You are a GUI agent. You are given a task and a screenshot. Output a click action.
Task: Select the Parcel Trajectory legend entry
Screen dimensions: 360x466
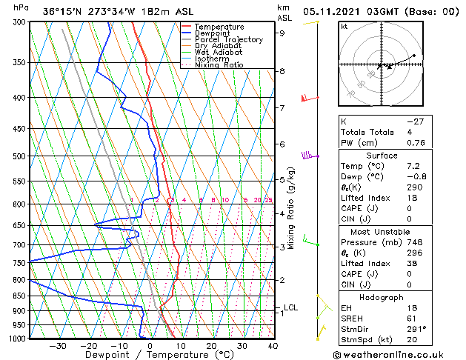(228, 40)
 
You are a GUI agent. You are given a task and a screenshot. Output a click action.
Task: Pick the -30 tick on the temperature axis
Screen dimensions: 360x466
(58, 345)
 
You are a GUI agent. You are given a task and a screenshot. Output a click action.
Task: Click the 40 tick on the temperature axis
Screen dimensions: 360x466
(273, 345)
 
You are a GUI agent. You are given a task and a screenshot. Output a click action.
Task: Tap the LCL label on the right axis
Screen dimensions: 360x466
(290, 307)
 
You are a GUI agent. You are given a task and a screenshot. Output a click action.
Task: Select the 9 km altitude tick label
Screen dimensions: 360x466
(282, 33)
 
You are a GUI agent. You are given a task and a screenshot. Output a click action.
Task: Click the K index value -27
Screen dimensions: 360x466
(415, 121)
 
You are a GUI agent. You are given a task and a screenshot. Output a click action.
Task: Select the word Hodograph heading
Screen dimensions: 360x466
(381, 297)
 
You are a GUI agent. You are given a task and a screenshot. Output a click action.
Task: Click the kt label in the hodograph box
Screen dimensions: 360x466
(344, 26)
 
